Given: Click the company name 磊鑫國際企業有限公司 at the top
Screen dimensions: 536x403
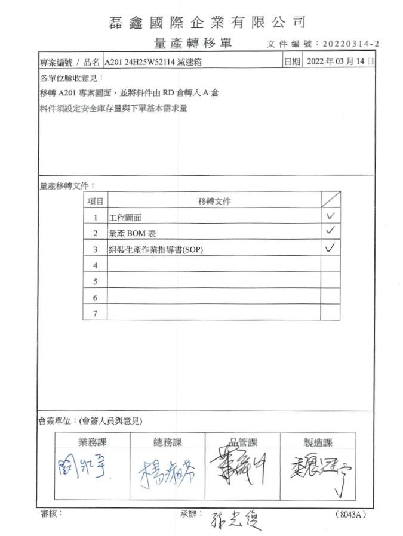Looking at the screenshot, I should tap(208, 23).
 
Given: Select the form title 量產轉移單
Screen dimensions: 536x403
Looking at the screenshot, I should tap(193, 43).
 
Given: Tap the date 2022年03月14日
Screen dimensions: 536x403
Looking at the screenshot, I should tap(339, 61).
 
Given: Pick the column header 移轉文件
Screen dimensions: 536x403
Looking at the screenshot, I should tap(214, 201).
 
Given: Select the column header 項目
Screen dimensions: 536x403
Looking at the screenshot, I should tap(95, 201).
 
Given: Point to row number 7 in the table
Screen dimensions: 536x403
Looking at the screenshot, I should tap(95, 312).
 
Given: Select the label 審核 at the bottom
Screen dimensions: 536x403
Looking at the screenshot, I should tap(51, 513).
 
